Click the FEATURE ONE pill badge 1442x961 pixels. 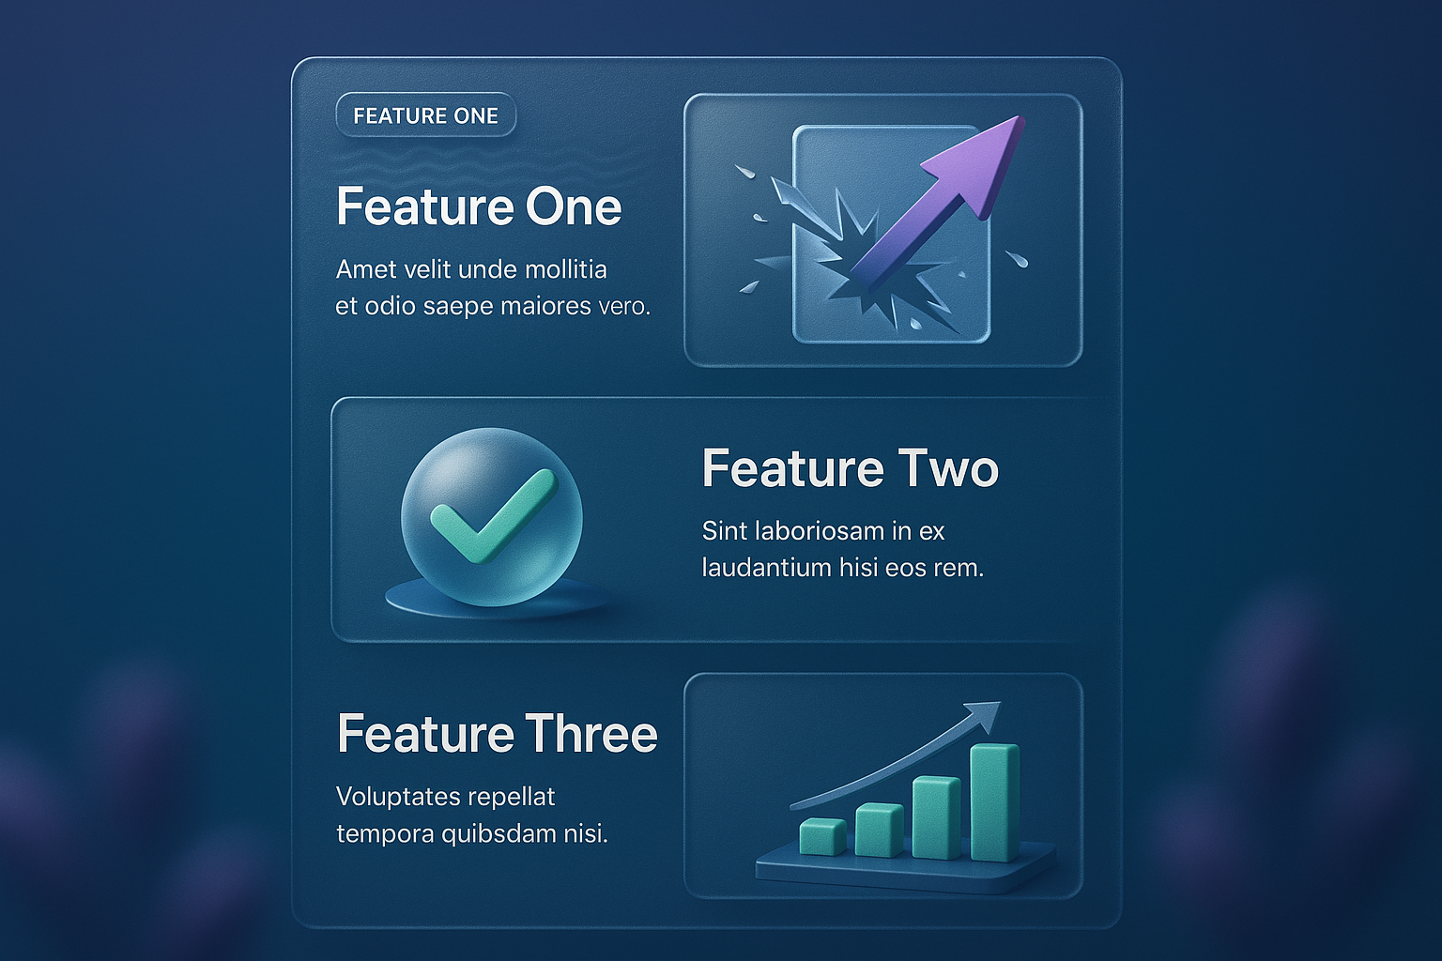tap(425, 115)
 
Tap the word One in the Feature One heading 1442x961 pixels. tap(574, 206)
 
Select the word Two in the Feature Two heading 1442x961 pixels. tap(947, 468)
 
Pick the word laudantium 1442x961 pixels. tap(766, 569)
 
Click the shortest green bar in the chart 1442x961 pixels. tap(822, 836)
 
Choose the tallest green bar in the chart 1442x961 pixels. tap(995, 802)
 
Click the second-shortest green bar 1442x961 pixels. tap(880, 830)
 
